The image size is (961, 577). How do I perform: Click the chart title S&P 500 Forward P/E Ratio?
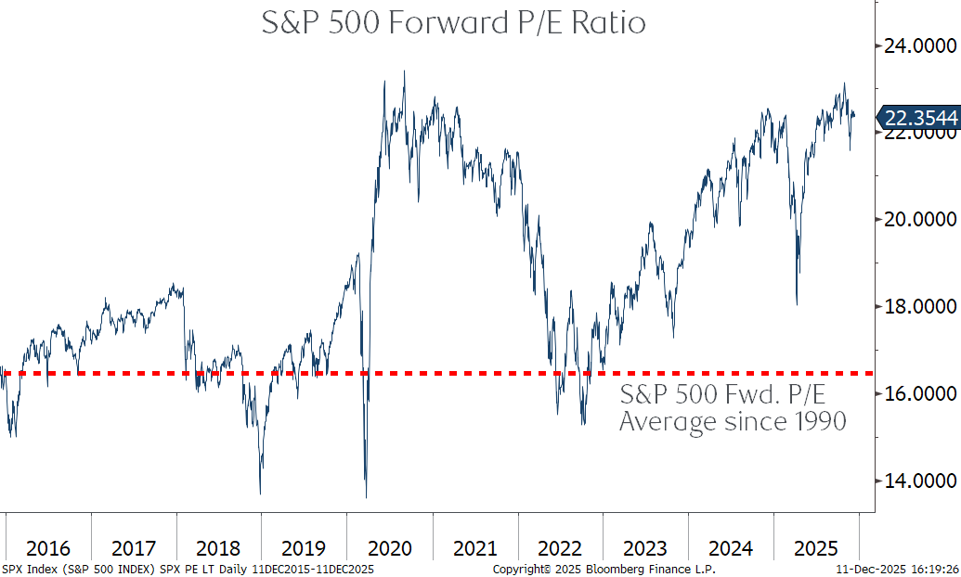point(453,22)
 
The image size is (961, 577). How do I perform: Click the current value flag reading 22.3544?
point(919,117)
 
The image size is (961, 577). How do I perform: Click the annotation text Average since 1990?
point(733,422)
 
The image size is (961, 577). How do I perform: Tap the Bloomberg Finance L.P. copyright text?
point(604,569)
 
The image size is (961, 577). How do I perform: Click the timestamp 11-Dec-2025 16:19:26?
point(897,569)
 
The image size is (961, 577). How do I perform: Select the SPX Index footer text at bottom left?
point(187,569)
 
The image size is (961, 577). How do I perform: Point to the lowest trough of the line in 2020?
point(366,497)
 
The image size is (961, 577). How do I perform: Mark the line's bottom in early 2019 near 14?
point(260,494)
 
